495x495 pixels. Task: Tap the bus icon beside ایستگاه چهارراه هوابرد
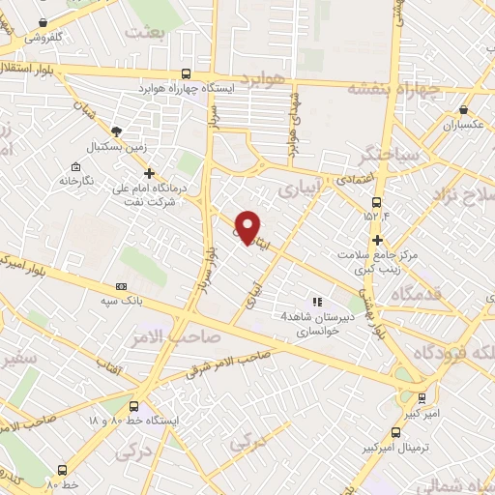tap(187, 73)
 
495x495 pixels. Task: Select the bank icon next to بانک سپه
tap(121, 287)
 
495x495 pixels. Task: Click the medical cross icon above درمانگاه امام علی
tap(149, 173)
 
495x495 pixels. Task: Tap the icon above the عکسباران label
tap(461, 110)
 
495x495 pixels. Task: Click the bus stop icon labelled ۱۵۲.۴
tap(375, 201)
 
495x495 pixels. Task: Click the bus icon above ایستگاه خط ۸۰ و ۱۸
tap(132, 407)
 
